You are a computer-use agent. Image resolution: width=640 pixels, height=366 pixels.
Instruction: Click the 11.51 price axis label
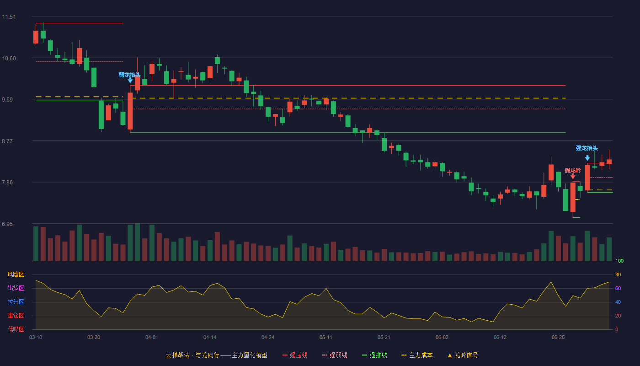click(9, 17)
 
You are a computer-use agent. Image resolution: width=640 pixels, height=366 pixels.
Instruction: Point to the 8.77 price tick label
click(7, 141)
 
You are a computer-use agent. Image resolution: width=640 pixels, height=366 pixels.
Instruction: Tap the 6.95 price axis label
click(7, 224)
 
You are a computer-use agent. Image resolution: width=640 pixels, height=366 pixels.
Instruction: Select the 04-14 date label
click(210, 338)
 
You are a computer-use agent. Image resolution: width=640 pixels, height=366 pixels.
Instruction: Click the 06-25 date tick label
click(558, 338)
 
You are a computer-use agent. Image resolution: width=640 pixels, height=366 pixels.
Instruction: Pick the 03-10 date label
click(36, 338)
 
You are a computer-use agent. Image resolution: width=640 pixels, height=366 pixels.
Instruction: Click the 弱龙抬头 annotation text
click(130, 75)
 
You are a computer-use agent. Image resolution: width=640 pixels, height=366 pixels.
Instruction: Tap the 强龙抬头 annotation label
click(587, 148)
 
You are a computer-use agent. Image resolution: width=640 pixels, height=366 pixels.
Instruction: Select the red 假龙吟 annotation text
click(573, 171)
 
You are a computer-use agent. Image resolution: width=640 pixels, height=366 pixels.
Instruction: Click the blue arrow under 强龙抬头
click(587, 158)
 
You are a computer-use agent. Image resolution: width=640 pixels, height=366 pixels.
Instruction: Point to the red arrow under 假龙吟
click(573, 176)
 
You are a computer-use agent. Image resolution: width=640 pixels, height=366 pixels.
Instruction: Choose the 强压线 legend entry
click(295, 355)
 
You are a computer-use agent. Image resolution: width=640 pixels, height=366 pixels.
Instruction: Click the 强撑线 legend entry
click(374, 355)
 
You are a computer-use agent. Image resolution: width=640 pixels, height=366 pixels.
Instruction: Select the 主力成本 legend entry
click(417, 355)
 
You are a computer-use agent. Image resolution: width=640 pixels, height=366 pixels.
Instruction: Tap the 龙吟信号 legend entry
click(463, 355)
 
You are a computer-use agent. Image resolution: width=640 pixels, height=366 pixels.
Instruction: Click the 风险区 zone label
click(16, 274)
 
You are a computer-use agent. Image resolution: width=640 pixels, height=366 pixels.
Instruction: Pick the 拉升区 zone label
click(16, 302)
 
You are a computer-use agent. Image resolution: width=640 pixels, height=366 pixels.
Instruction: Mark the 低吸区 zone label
click(16, 329)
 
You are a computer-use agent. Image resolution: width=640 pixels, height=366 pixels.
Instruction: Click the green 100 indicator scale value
click(619, 261)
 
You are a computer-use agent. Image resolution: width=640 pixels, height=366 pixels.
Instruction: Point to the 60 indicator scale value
click(618, 288)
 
